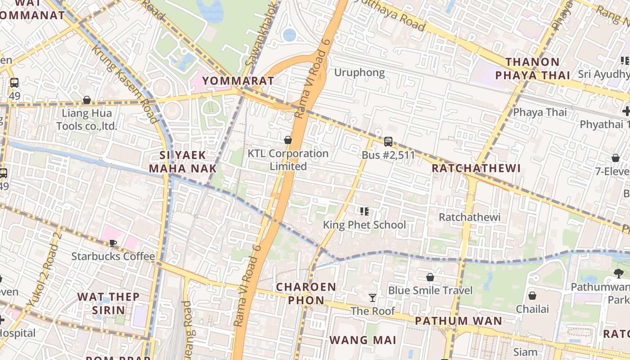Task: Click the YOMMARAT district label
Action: [238, 81]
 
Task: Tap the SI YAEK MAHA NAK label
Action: [183, 162]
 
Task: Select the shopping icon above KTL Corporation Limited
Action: [288, 140]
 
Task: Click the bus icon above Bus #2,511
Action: [388, 142]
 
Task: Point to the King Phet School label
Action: [364, 225]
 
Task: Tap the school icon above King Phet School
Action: [364, 211]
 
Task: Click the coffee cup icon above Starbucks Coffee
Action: [113, 243]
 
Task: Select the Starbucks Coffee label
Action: [113, 256]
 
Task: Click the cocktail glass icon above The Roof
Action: [373, 297]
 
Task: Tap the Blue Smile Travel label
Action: [430, 290]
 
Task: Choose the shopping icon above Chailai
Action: [532, 296]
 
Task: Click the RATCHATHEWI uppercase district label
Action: [476, 168]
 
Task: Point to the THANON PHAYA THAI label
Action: [532, 68]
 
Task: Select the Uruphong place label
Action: [360, 72]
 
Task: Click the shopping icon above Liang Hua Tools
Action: [87, 100]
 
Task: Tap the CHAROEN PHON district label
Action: [306, 293]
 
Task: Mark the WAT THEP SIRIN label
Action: [108, 303]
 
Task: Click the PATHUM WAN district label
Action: [458, 321]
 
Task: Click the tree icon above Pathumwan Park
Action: [619, 273]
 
